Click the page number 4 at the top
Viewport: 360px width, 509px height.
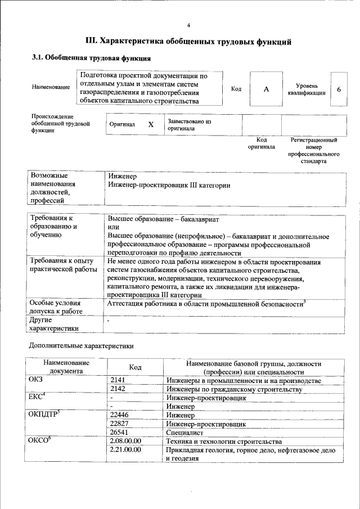(x=188, y=25)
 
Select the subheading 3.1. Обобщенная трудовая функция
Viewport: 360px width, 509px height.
(x=91, y=58)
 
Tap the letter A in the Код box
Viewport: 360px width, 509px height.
(x=267, y=89)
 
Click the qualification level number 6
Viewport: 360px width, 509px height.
(x=339, y=89)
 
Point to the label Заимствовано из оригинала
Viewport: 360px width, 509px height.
(x=188, y=124)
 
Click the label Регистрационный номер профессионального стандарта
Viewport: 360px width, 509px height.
(x=314, y=150)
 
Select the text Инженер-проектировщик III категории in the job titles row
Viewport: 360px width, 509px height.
(x=169, y=185)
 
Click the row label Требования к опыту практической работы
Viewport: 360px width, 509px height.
(x=64, y=265)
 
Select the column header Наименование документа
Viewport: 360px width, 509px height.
(x=66, y=367)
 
